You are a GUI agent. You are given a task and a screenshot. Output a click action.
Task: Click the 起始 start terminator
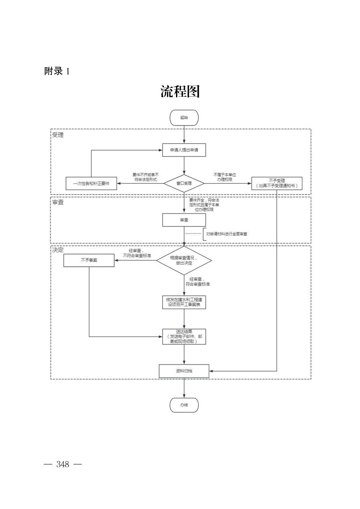184,118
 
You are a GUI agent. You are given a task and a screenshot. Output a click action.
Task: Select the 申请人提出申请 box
184,150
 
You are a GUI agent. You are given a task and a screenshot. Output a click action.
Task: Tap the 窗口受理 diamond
184,183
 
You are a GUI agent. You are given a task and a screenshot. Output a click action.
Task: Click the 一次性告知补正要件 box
91,183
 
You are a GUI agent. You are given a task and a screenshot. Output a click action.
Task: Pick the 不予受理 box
277,183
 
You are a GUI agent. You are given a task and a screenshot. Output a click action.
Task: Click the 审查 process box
184,220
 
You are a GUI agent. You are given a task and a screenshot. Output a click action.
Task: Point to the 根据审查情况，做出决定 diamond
184,260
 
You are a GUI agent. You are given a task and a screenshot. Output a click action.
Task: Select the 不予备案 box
89,260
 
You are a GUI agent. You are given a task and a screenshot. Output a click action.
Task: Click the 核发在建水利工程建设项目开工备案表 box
184,302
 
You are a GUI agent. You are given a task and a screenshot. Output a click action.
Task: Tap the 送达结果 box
184,337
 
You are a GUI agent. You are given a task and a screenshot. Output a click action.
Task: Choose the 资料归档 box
184,371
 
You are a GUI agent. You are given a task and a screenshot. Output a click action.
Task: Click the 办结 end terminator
184,405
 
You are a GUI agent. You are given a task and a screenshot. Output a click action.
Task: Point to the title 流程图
180,91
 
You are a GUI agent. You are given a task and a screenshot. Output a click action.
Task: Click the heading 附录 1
57,71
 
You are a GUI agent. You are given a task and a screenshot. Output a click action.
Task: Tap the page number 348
63,464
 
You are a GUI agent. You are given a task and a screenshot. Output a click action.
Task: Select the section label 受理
58,135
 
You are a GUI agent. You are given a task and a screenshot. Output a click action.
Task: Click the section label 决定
58,250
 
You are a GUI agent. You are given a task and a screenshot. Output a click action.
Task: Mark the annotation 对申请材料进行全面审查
227,234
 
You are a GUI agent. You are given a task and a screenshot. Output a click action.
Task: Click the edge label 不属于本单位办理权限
225,177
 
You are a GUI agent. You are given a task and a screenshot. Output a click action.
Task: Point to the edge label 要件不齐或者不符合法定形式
145,177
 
